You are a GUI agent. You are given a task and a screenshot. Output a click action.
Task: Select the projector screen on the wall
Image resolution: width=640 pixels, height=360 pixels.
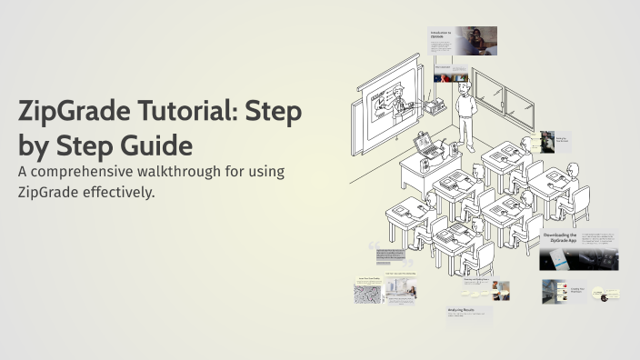(391, 105)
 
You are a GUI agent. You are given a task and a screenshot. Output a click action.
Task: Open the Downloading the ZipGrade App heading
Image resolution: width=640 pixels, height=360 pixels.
(560, 237)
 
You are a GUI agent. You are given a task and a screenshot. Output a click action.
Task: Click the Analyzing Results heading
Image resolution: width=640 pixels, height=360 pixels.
(461, 309)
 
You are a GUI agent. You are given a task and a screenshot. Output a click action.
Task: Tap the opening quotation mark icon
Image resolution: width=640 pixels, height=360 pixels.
(372, 246)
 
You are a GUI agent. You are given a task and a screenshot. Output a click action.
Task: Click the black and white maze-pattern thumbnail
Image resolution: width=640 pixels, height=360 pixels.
(367, 293)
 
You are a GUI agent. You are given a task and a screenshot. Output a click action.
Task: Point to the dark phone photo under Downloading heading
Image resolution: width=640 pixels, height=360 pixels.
(557, 258)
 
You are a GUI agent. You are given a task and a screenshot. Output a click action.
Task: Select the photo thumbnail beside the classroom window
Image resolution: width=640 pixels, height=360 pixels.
(546, 141)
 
